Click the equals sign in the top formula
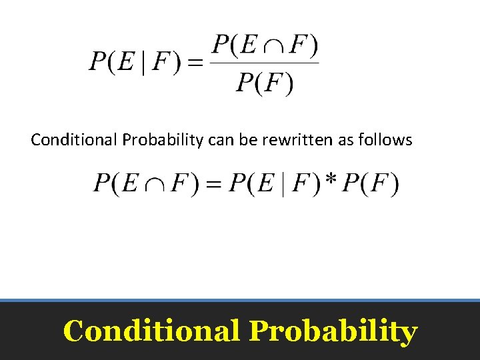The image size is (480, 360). coord(195,63)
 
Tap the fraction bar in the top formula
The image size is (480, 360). coord(265,64)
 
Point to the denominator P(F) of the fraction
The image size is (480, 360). coord(265,83)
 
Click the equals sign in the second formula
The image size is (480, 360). coord(212,184)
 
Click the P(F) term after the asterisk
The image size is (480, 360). coord(370,184)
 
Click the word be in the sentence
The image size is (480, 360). coord(249,140)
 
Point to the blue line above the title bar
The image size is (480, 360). coord(240,301)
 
